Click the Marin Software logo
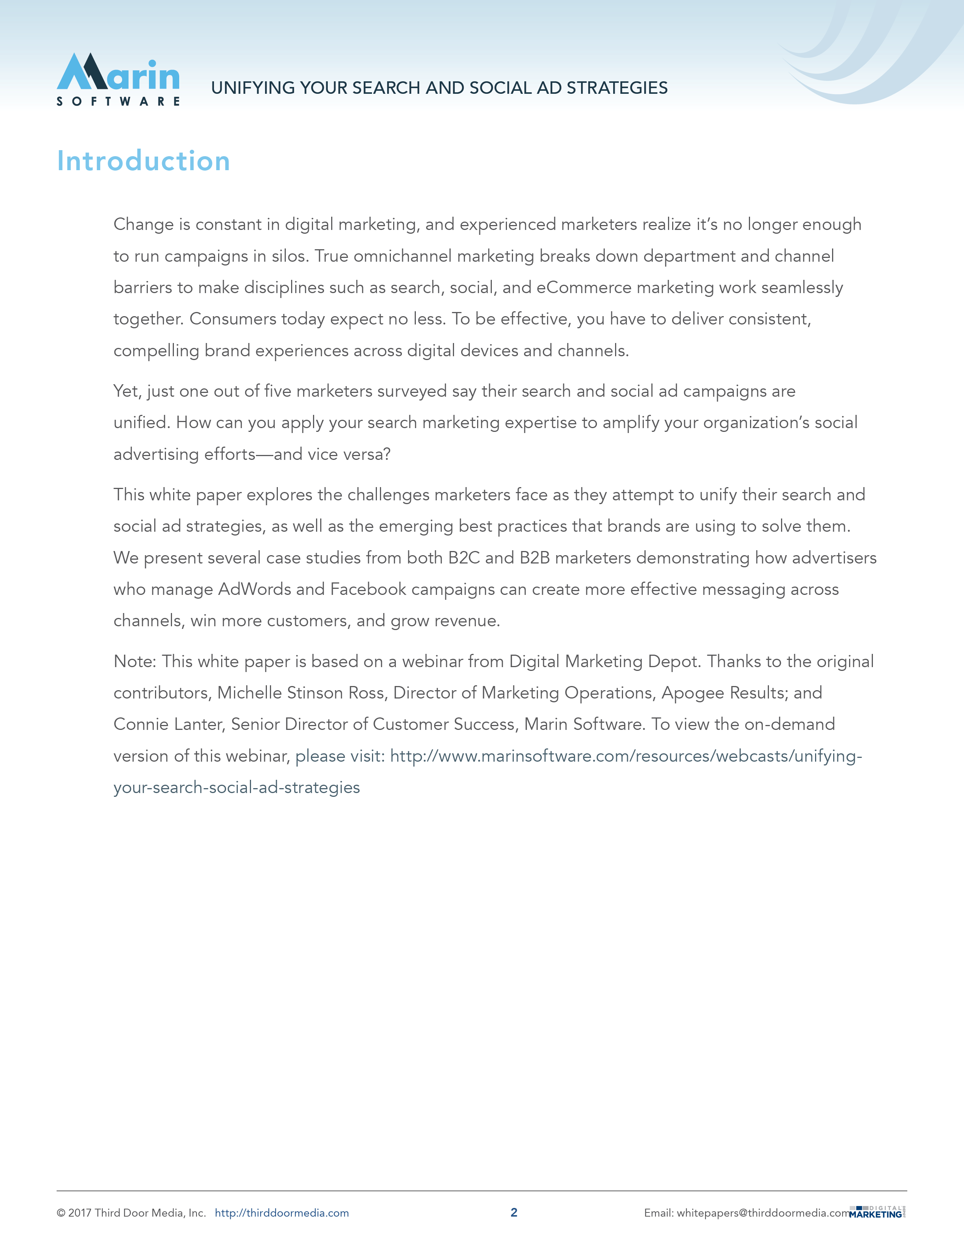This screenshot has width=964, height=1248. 118,79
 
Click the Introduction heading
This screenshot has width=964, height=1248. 143,161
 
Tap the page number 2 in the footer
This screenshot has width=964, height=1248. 513,1212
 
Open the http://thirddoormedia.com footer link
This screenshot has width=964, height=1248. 282,1213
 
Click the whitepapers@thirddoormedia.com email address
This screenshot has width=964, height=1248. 764,1213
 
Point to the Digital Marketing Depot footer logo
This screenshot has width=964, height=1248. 877,1212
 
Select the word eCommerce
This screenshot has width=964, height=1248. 584,287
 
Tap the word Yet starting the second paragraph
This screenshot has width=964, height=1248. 126,391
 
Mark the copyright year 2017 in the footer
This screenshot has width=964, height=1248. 79,1213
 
